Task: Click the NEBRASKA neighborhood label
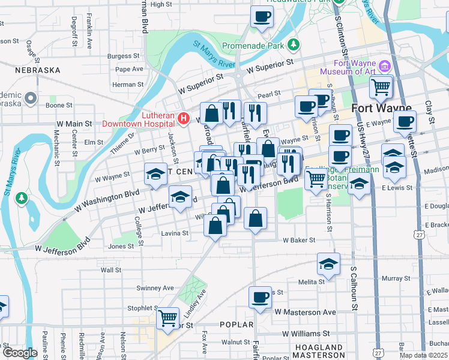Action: [39, 70]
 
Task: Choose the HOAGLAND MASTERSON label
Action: [315, 352]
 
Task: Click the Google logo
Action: [20, 353]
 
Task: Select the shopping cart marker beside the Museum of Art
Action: [381, 86]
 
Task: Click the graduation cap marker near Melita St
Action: [329, 264]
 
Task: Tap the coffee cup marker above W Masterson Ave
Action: [261, 297]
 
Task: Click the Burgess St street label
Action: [119, 56]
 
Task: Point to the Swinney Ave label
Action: [155, 288]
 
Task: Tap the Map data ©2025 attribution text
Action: [424, 355]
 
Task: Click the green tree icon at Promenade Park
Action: [294, 44]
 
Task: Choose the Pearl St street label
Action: [269, 94]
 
